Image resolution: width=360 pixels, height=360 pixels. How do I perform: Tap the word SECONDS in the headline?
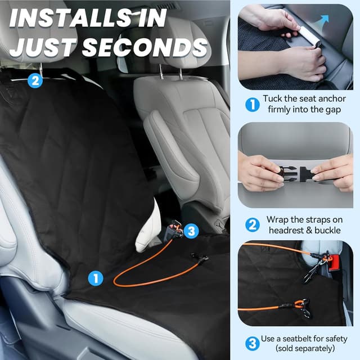(x=145, y=47)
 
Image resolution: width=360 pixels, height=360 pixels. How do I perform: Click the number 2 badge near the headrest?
(x=35, y=80)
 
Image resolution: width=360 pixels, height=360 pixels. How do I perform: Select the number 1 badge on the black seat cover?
(x=96, y=278)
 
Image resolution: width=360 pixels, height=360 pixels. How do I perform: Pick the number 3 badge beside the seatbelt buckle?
(x=191, y=231)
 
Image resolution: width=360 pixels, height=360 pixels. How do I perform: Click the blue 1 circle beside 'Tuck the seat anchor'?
(x=253, y=105)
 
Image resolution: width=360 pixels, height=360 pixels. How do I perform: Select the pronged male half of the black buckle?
(x=286, y=174)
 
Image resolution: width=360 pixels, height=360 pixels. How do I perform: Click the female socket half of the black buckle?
(x=307, y=174)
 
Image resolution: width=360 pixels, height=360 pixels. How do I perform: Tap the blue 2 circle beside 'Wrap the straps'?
(x=253, y=225)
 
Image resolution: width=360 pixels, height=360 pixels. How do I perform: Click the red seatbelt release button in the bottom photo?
(x=334, y=263)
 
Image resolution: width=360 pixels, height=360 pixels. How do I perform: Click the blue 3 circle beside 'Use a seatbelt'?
(x=253, y=344)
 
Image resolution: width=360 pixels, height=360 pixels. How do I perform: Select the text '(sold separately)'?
(x=305, y=349)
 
